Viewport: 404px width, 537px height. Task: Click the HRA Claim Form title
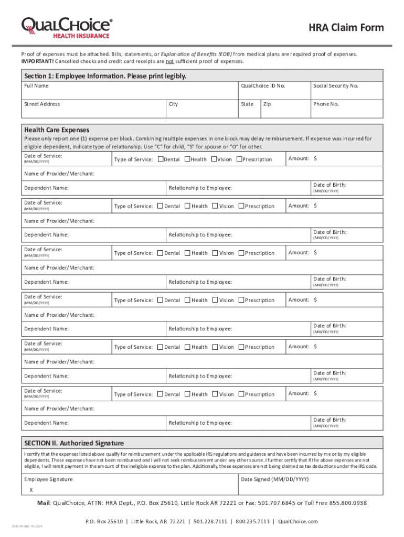coord(346,28)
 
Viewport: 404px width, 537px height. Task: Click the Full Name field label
coord(36,85)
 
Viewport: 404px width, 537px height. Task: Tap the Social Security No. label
coord(336,85)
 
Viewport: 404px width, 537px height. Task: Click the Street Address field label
coord(42,104)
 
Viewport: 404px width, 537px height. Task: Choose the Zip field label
coord(267,104)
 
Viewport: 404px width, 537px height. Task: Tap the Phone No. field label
coord(326,104)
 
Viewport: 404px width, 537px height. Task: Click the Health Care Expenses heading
coord(57,130)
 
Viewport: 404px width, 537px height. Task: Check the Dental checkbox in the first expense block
coord(160,159)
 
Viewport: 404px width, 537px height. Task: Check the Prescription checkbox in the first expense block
coord(239,159)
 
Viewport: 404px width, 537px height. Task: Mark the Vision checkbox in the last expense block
coord(215,394)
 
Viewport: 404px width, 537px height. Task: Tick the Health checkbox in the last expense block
coord(188,394)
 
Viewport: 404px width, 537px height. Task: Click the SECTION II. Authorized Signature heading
coord(74,443)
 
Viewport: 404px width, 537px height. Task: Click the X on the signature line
coord(30,490)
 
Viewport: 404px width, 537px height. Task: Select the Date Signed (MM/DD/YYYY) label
coord(274,479)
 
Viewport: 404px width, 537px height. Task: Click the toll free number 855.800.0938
coord(348,503)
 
